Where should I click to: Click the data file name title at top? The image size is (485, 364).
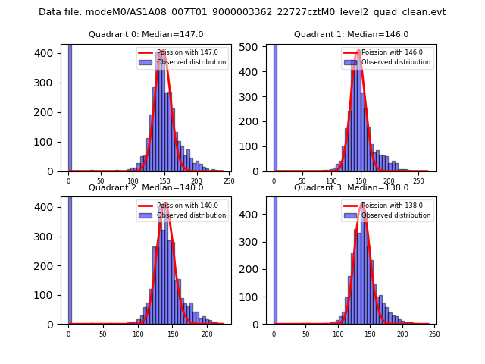coord(242,12)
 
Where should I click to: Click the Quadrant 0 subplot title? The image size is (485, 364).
coord(145,34)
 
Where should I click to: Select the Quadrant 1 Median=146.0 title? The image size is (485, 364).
coord(351,34)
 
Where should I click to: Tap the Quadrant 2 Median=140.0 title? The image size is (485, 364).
coord(145,187)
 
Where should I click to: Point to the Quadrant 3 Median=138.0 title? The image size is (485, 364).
coord(351,187)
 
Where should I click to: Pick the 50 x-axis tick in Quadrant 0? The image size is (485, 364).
coord(101,181)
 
